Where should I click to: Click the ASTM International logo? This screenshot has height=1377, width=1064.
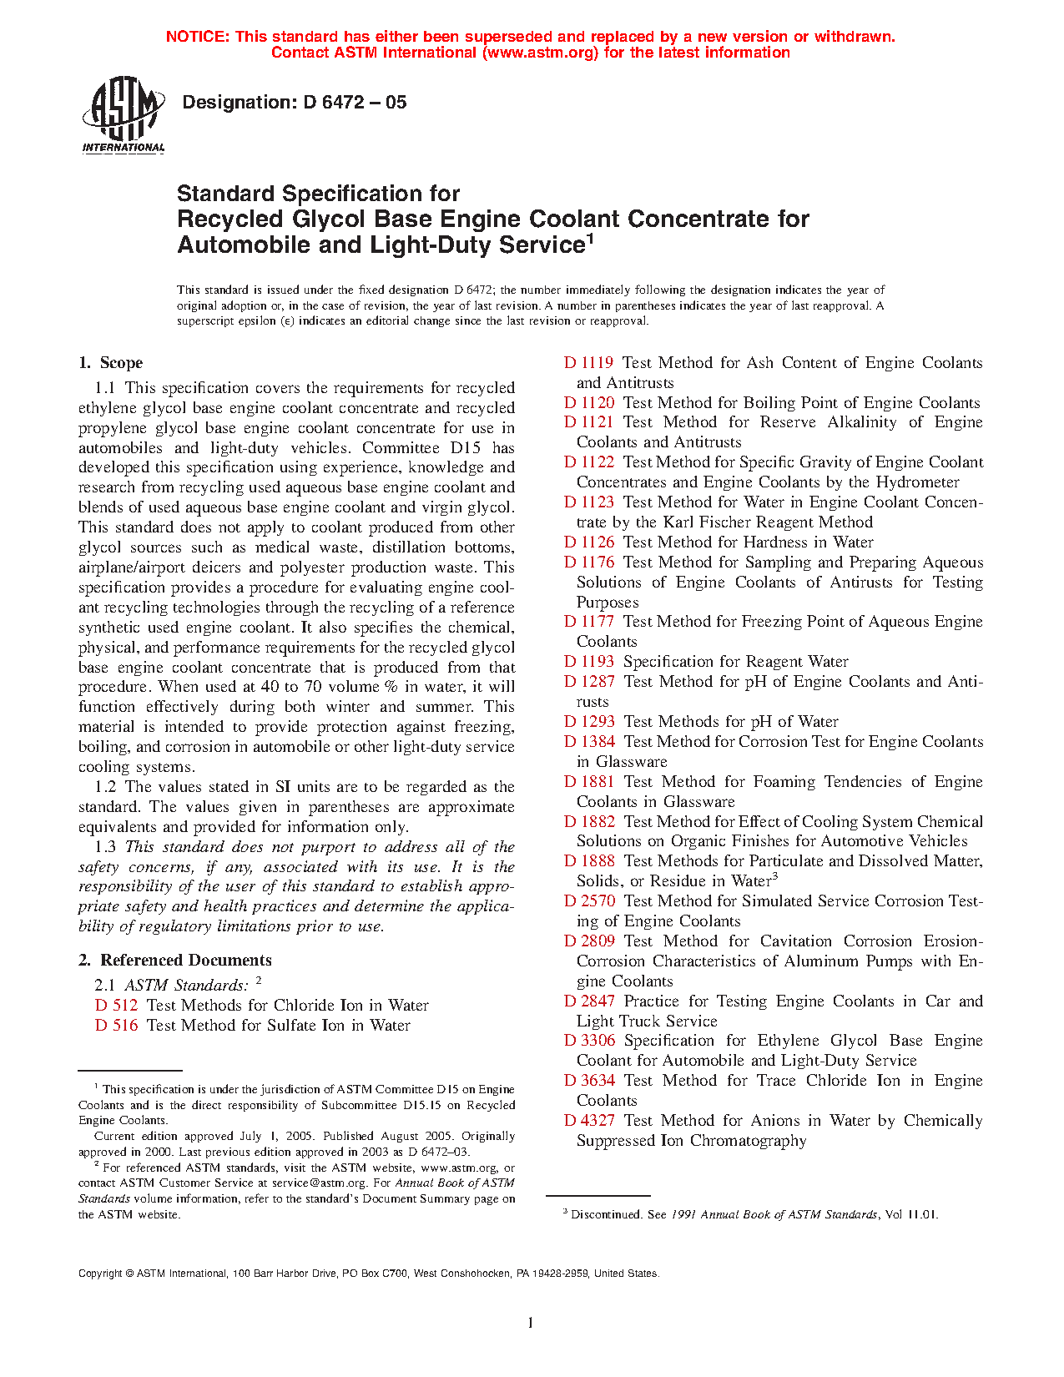coord(124,114)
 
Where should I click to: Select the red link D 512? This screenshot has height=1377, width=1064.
coord(116,1006)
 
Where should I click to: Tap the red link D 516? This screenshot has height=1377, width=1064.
coord(116,1026)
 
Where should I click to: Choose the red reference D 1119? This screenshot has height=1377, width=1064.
coord(588,363)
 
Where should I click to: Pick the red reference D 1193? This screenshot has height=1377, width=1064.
coord(588,662)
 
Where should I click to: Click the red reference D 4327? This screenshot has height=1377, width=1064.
coord(589,1121)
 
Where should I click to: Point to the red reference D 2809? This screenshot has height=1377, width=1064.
coord(589,941)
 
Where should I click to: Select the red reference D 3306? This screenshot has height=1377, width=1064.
coord(589,1041)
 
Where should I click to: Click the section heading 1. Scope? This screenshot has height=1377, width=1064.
coord(111,363)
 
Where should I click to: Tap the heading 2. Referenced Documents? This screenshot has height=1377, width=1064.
coord(175,961)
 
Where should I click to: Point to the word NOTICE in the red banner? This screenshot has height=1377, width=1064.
coord(197,37)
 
